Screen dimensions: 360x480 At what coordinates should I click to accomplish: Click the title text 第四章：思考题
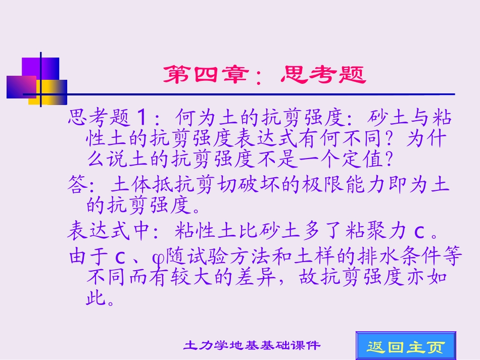click(x=264, y=76)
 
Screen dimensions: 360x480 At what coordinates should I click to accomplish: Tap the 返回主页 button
click(x=406, y=346)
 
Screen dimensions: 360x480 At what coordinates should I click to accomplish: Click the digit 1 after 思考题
click(x=142, y=119)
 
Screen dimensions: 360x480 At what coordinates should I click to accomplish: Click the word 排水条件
click(x=373, y=257)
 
